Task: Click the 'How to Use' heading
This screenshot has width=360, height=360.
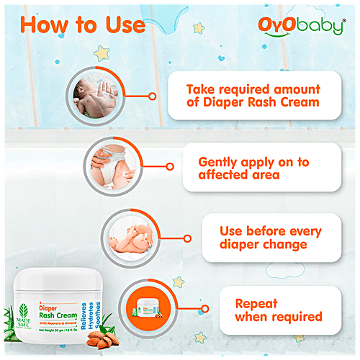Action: click(82, 23)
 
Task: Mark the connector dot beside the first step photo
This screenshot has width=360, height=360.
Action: click(151, 94)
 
